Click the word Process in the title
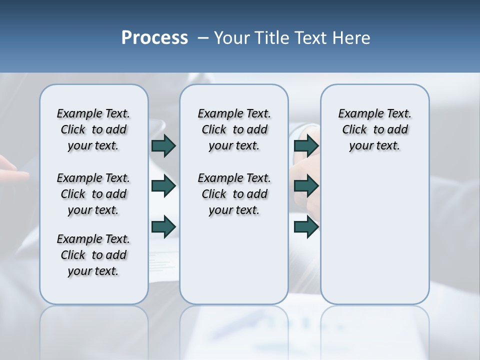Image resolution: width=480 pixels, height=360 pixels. pos(154,38)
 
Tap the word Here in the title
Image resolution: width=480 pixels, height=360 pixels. pos(351,38)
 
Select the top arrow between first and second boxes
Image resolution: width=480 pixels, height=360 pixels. pos(163,146)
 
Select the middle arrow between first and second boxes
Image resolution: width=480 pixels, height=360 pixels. pos(163,186)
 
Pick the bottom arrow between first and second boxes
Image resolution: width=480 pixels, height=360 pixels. pos(163,227)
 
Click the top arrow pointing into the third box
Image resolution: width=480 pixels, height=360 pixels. pos(306,146)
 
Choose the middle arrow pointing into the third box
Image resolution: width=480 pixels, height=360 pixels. pos(306,186)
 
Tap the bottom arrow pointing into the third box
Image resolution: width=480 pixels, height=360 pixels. pos(306,227)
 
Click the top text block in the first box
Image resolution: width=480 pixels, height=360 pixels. pos(93,129)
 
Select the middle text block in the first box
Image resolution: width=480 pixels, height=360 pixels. pos(93,194)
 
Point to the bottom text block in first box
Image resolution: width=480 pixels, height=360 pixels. pos(93,255)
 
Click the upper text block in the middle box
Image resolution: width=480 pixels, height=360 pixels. pos(234,129)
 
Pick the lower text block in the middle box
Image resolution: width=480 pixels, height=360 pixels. pos(234,194)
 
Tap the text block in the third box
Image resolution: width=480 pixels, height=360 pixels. pos(374,129)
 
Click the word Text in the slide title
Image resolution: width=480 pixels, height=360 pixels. pos(309,38)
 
